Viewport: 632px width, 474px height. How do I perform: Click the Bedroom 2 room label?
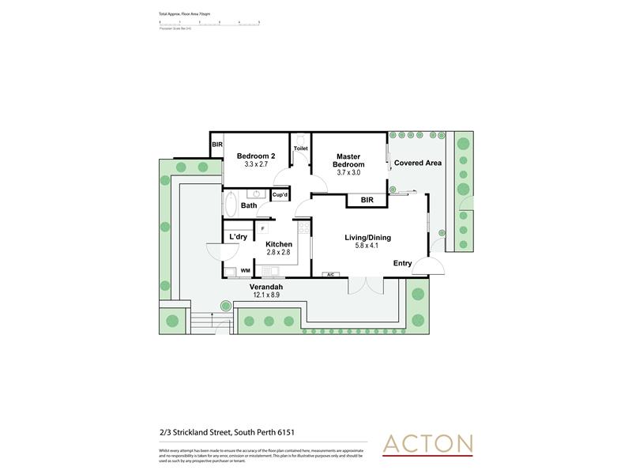tap(256, 156)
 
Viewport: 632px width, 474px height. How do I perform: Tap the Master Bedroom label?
tap(348, 160)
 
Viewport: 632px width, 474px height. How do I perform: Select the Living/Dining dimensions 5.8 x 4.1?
tap(367, 246)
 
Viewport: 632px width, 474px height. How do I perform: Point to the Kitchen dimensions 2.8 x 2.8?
tap(279, 253)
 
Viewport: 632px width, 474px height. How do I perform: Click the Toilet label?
tap(300, 148)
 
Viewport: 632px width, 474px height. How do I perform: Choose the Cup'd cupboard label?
tap(280, 194)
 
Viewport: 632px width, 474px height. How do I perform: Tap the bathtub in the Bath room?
tap(231, 205)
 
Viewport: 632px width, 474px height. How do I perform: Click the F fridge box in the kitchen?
tap(263, 228)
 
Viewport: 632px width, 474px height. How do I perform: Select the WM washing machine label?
tap(246, 271)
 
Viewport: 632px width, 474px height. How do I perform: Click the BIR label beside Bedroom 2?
tap(216, 145)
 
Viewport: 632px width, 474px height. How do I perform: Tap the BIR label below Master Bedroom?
tap(367, 201)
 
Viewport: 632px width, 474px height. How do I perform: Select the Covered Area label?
tap(412, 163)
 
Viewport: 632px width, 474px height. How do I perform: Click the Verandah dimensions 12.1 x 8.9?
tap(266, 295)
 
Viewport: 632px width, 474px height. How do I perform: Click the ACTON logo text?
tap(427, 443)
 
